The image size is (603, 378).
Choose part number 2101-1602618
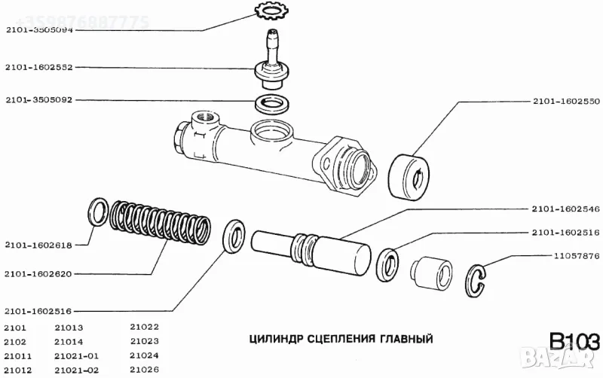[x=37, y=245]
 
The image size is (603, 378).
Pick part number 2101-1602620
[x=37, y=274]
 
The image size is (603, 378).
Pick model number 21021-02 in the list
[x=77, y=369]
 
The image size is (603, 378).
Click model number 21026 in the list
[x=144, y=369]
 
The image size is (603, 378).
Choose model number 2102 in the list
[x=15, y=341]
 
